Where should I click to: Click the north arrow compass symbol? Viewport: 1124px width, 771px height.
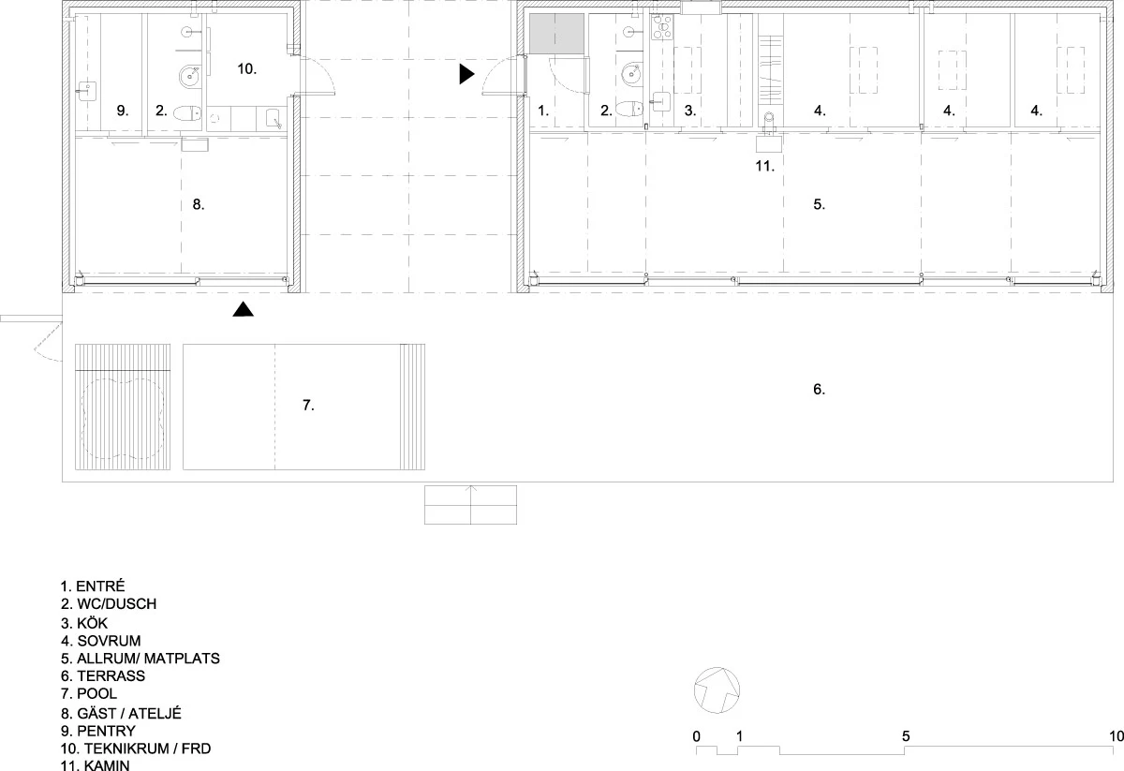[717, 690]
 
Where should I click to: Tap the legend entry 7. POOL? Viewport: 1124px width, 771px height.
[89, 693]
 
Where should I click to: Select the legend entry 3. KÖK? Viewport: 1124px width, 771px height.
[84, 623]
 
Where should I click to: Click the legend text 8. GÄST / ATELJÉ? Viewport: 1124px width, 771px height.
[121, 713]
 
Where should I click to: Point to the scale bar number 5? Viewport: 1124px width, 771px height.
[906, 736]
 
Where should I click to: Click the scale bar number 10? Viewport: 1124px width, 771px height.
[1116, 736]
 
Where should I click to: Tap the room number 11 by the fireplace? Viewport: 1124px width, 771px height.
[764, 166]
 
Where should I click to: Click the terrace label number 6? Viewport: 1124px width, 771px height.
[819, 389]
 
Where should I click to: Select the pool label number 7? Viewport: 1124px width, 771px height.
[308, 405]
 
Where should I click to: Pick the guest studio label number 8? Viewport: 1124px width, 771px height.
[199, 204]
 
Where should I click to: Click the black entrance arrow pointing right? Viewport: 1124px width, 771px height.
[466, 74]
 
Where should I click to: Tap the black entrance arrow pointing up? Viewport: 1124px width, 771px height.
[243, 309]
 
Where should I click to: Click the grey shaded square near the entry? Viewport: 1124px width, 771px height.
[557, 34]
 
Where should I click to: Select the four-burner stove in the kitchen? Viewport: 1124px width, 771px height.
[662, 27]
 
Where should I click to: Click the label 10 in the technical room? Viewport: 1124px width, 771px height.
[247, 68]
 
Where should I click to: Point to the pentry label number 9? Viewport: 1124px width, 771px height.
[123, 111]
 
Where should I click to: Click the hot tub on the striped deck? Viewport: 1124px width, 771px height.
[123, 419]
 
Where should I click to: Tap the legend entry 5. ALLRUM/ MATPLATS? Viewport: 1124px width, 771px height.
[140, 658]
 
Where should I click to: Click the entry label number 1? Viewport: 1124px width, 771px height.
[543, 111]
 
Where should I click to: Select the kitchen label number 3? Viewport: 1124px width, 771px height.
[690, 111]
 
